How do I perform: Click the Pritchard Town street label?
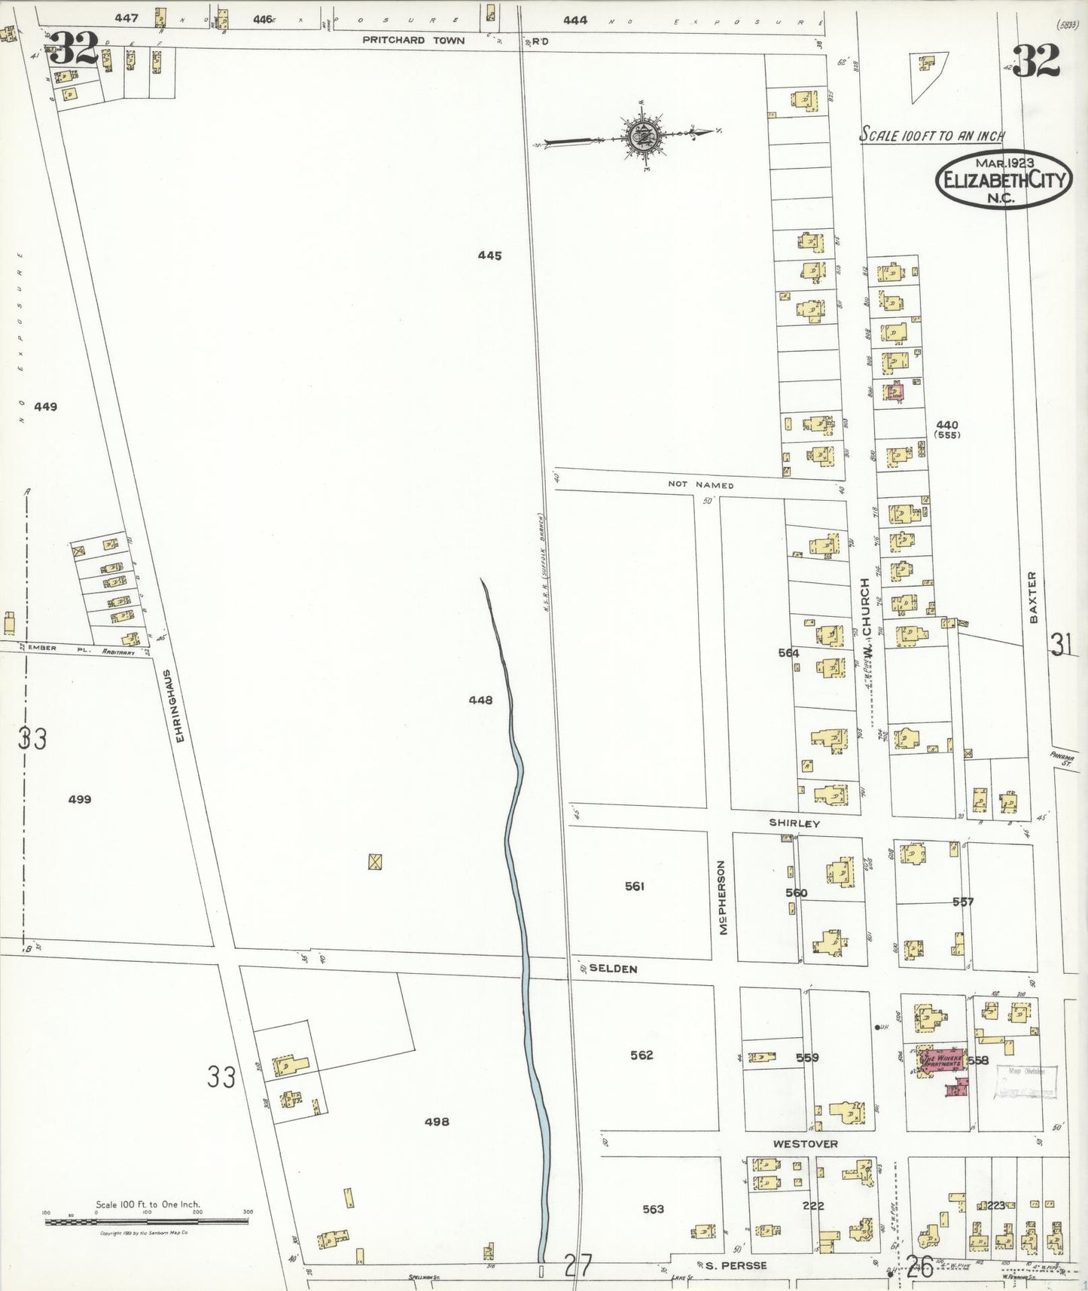tap(413, 40)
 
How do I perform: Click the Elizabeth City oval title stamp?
tap(1004, 179)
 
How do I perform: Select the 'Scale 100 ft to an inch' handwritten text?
tap(932, 135)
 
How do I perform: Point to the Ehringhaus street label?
tap(178, 706)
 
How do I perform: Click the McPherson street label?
tap(723, 898)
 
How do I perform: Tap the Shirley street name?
tap(794, 823)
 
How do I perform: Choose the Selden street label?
tap(613, 969)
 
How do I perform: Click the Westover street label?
tap(805, 1144)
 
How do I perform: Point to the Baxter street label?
tap(1033, 597)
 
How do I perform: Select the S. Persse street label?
tap(736, 1265)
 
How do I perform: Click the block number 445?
tap(489, 255)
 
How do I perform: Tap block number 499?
tap(80, 799)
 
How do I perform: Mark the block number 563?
tap(653, 1209)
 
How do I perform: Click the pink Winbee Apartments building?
tap(940, 1061)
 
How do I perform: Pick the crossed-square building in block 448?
tap(375, 862)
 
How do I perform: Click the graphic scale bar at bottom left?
tap(147, 1222)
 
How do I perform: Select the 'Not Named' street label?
tap(700, 485)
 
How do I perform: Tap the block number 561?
tap(635, 887)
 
